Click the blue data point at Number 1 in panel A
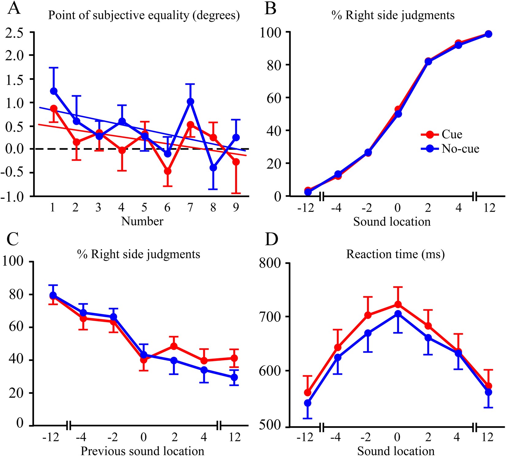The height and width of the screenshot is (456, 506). (54, 91)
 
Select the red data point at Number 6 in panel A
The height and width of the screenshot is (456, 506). (167, 171)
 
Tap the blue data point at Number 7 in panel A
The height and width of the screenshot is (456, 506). (190, 102)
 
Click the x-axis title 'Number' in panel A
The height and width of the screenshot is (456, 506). (142, 221)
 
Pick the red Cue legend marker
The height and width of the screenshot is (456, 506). (430, 134)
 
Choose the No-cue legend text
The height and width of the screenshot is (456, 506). (460, 149)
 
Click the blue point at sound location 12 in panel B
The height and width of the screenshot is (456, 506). (489, 34)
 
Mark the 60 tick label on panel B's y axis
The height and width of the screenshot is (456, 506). (274, 98)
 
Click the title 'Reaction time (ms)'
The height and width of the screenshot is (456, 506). (395, 254)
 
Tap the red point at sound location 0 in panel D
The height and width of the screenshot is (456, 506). (398, 304)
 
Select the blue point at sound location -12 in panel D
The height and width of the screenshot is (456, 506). (308, 403)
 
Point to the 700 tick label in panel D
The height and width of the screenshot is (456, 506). (270, 317)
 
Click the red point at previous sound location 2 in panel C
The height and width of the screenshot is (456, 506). (174, 346)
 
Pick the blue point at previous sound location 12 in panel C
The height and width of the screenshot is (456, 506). (234, 377)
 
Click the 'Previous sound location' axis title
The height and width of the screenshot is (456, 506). (142, 451)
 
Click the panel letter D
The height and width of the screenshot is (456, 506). (271, 240)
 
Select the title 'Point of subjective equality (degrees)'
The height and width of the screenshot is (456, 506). (144, 15)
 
